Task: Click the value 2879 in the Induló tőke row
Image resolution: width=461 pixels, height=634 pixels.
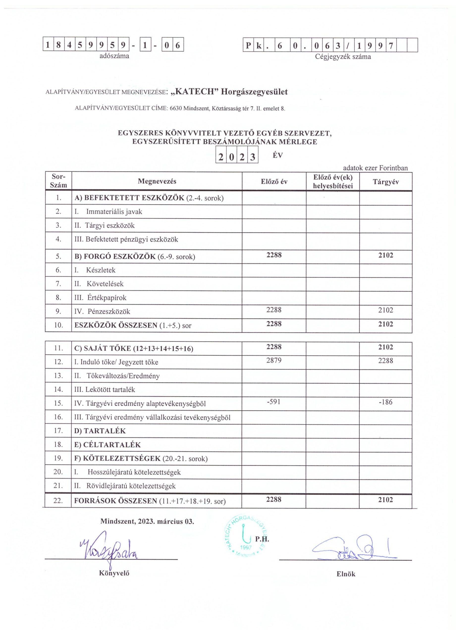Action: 274,360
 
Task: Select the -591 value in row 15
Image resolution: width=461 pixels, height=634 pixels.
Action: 274,402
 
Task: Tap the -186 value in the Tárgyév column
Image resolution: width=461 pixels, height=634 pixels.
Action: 385,402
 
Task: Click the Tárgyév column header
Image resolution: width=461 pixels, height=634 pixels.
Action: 385,182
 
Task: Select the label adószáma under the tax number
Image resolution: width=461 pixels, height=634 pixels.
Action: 114,56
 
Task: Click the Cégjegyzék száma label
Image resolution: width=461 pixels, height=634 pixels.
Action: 343,57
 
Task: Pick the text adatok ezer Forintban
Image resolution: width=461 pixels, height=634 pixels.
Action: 375,168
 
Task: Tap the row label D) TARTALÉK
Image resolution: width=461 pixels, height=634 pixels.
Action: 100,431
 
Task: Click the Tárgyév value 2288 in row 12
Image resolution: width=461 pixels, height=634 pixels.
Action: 385,361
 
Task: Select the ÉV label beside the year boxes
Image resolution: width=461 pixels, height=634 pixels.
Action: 278,156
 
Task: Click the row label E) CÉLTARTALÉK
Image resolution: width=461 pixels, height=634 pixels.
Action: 107,445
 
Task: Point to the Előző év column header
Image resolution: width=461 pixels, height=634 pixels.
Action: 274,182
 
